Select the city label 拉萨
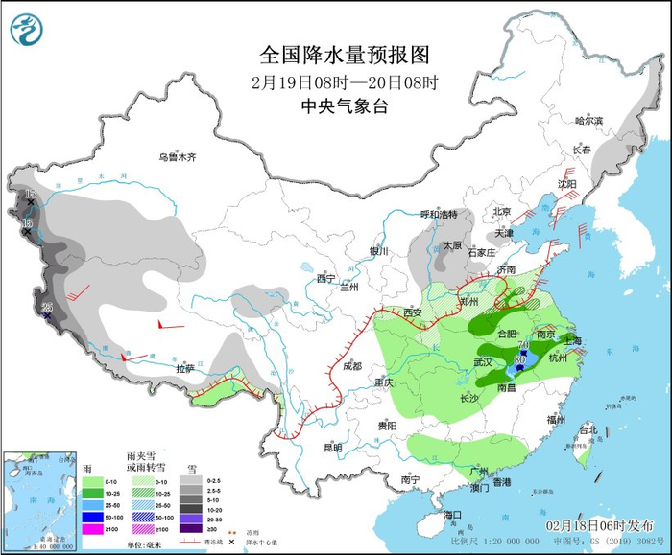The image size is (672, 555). coord(185,368)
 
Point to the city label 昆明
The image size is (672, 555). coord(332,447)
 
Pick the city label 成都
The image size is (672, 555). coord(350,366)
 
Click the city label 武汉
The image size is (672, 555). coord(483,361)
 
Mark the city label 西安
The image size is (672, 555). coord(414,312)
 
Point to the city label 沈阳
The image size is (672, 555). coord(567,183)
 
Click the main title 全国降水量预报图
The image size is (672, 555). coord(336,55)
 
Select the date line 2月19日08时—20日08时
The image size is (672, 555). coord(336,81)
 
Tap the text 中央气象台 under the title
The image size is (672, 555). coord(336,106)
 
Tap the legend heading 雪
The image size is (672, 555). coord(192,469)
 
